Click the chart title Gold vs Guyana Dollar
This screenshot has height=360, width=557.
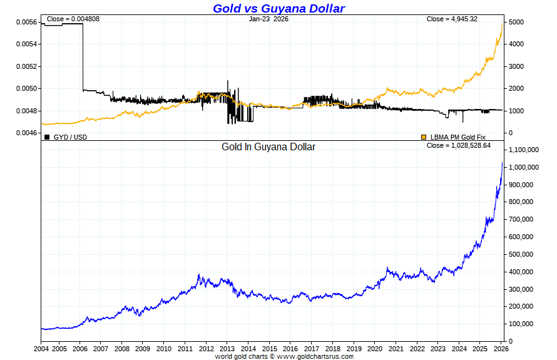278,8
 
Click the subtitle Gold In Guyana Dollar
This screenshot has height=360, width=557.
268,147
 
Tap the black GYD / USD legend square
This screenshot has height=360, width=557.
47,136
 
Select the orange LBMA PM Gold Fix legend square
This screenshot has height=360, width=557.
424,136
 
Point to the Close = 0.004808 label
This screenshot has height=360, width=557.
73,19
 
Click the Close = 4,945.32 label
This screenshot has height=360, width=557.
452,19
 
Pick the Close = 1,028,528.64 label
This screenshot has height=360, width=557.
458,145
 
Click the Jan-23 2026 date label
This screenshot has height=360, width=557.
268,19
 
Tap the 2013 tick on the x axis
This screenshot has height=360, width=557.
227,348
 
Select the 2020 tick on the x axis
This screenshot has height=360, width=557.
374,348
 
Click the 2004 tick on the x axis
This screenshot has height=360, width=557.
41,348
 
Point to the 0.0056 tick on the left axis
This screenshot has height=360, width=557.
26,22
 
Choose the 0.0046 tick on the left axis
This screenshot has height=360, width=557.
26,133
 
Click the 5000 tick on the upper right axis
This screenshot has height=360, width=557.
517,22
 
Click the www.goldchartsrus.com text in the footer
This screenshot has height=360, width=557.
315,356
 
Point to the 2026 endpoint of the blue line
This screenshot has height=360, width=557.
502,163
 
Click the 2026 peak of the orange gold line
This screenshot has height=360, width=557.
503,23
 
